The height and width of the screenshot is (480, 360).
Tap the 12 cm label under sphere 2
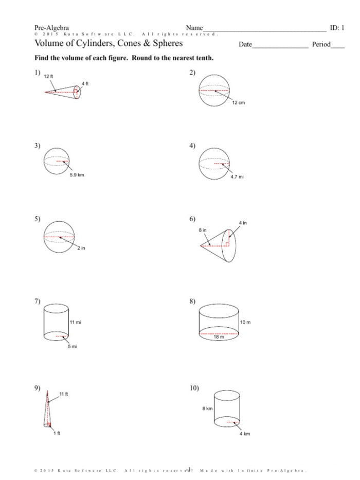[x=238, y=103]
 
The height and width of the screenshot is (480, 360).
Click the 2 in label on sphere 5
[x=81, y=248]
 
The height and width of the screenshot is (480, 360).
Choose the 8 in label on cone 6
[x=203, y=229]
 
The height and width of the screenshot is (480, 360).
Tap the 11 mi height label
[x=75, y=322]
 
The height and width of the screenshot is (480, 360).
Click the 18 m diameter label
[x=219, y=337]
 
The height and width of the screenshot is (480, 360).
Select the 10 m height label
[x=245, y=322]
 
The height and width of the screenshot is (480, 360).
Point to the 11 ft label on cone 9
[x=64, y=394]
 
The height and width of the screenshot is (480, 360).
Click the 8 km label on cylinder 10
[x=207, y=408]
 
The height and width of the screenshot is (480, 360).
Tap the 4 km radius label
[x=245, y=434]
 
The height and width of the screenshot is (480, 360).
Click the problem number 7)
[x=38, y=301]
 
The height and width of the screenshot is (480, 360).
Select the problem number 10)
[x=194, y=387]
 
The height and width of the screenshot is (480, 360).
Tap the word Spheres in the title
[x=165, y=43]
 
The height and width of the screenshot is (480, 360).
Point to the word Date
[x=245, y=45]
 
